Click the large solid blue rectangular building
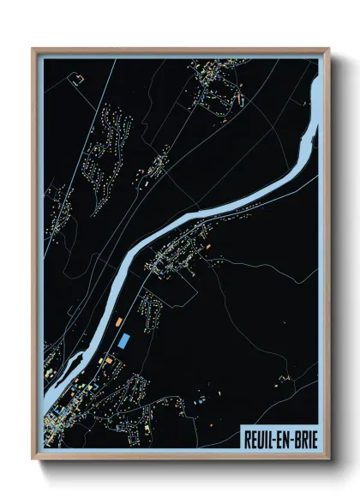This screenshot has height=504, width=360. click(x=126, y=340)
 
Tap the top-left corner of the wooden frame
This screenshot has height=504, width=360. click(x=32, y=48)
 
